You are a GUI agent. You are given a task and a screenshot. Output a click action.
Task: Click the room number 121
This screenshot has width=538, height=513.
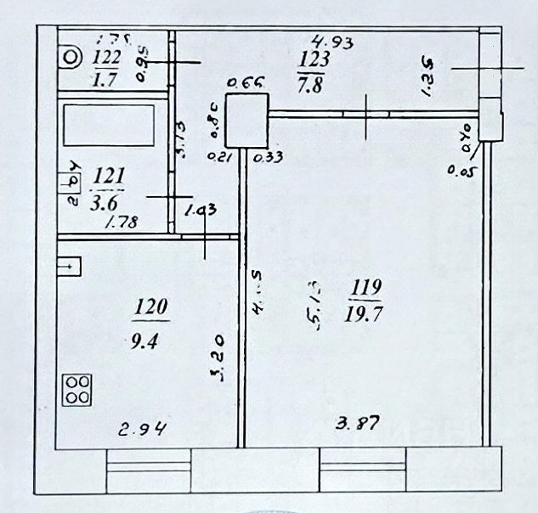click(x=110, y=176)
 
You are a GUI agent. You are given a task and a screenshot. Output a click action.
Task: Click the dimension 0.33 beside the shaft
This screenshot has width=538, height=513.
click(x=273, y=155)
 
